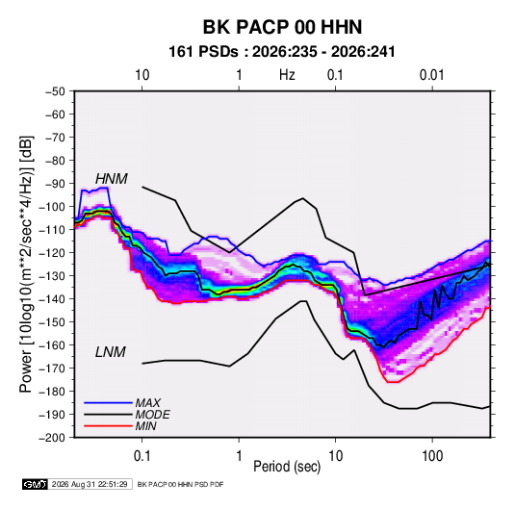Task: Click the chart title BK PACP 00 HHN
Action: click(282, 27)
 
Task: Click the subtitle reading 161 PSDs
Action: click(203, 52)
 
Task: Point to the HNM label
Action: click(112, 179)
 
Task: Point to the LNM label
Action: click(111, 352)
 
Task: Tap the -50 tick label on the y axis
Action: click(55, 91)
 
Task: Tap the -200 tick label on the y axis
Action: click(52, 438)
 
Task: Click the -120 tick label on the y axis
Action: click(52, 253)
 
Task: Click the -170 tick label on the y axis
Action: click(52, 369)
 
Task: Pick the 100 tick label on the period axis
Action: click(432, 455)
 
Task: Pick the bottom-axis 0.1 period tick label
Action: click(142, 455)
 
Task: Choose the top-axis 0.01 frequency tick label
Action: click(431, 75)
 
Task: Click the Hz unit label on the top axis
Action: click(287, 75)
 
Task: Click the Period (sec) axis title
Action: click(287, 467)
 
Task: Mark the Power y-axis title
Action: click(26, 264)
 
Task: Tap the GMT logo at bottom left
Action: click(35, 484)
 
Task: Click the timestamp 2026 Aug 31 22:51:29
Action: click(90, 484)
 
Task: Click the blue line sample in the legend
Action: click(108, 402)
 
